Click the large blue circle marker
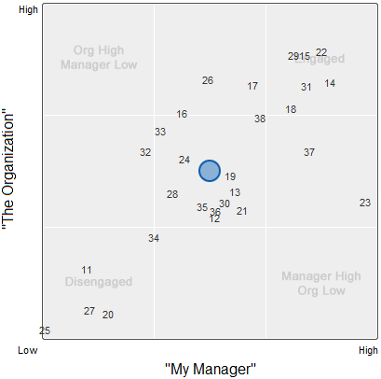[x=210, y=171]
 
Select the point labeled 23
[x=365, y=203]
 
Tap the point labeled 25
[x=45, y=331]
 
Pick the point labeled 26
[x=208, y=81]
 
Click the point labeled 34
[x=154, y=239]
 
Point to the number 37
[x=309, y=152]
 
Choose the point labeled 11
[x=87, y=270]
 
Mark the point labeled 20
[x=108, y=315]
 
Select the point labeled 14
[x=331, y=84]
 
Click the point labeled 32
[x=145, y=152]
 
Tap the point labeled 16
[x=182, y=115]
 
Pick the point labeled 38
[x=260, y=119]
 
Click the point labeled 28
[x=172, y=195]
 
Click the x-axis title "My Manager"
[x=210, y=369]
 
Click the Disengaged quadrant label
[x=99, y=282]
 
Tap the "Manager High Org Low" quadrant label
[x=320, y=283]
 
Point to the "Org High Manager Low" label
[x=99, y=58]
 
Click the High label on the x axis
[x=369, y=351]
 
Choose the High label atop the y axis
[x=29, y=9]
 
